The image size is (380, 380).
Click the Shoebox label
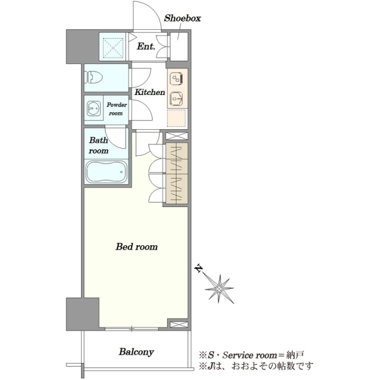click(182, 18)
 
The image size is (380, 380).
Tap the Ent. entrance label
click(146, 46)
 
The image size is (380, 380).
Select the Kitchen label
click(149, 92)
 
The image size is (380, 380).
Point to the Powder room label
click(117, 109)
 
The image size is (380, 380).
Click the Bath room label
click(98, 145)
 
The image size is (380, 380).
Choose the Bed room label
click(137, 247)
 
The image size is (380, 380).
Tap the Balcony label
click(136, 352)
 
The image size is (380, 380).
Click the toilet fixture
click(93, 77)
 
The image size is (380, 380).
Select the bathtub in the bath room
click(106, 172)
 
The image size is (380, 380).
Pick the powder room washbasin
click(94, 108)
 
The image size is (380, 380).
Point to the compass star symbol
click(219, 289)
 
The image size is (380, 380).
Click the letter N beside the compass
click(199, 269)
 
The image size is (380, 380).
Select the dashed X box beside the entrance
click(113, 47)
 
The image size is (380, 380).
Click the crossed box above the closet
click(177, 136)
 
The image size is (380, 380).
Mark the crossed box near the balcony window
click(179, 324)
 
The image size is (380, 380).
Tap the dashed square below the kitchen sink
click(177, 118)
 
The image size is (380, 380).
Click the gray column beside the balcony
click(82, 314)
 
